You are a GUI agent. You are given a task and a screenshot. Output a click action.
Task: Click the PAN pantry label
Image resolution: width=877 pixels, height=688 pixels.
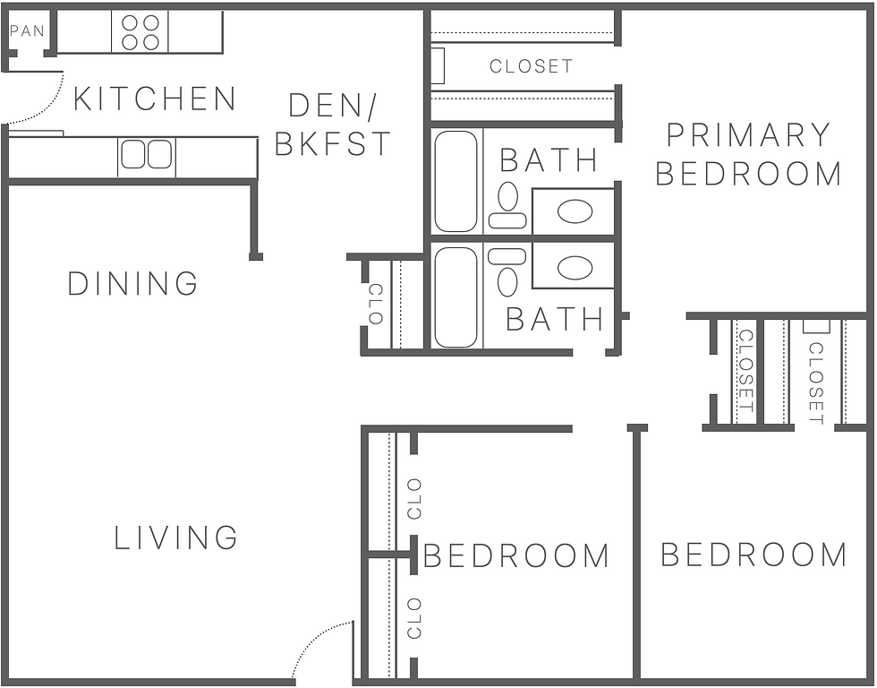click(x=27, y=31)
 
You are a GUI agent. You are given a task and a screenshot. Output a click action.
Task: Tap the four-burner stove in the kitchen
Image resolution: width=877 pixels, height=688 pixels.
click(x=140, y=31)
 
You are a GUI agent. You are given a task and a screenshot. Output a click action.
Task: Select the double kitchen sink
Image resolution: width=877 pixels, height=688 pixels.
click(x=146, y=155)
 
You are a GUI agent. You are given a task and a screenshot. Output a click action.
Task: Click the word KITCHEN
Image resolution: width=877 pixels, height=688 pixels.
click(x=154, y=99)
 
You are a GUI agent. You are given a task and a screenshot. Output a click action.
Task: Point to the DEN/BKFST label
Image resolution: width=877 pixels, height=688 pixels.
click(x=332, y=125)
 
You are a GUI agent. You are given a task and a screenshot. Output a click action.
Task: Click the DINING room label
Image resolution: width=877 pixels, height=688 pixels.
click(x=133, y=284)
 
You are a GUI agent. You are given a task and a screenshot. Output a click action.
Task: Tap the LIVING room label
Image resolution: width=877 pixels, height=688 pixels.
click(x=176, y=538)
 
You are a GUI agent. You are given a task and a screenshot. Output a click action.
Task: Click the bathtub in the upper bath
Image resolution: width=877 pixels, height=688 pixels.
click(x=456, y=182)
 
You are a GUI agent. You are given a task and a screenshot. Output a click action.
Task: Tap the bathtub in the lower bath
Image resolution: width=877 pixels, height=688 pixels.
click(x=456, y=297)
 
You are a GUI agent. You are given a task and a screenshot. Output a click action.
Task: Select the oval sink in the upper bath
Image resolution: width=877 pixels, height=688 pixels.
click(x=575, y=212)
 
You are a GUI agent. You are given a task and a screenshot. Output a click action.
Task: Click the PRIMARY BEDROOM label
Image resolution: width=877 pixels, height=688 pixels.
click(x=749, y=154)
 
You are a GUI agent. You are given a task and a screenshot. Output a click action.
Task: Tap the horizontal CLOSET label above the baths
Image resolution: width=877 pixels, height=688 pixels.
click(x=531, y=66)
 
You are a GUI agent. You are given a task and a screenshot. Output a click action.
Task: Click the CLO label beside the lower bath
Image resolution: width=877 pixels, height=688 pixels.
click(x=376, y=304)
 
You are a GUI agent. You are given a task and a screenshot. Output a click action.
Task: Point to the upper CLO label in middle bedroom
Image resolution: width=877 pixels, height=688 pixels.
click(x=413, y=498)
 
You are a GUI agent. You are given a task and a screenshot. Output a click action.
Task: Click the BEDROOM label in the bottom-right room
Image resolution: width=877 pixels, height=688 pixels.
click(x=754, y=555)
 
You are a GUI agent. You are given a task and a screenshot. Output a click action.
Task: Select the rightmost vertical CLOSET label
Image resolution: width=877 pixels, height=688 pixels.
click(x=815, y=383)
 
